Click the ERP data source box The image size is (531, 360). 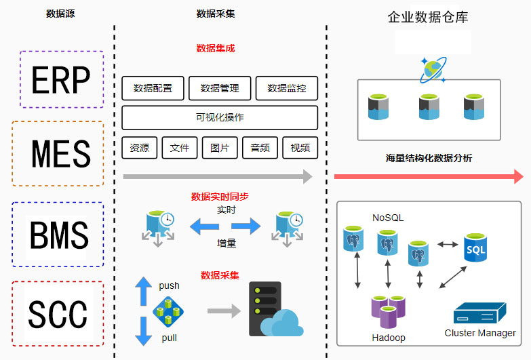62,79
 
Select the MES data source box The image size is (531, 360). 58,154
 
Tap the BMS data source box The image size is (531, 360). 58,235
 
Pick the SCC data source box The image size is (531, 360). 58,314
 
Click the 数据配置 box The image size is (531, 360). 153,88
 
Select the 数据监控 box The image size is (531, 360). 287,88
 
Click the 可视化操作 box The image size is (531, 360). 220,117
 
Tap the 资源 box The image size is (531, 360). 140,148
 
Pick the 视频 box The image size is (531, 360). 300,148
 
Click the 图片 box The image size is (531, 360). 220,148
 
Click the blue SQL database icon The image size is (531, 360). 475,251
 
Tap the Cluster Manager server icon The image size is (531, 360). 479,314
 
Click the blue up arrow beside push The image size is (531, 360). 144,291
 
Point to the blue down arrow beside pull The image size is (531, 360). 144,331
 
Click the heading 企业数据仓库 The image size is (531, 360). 428,17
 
